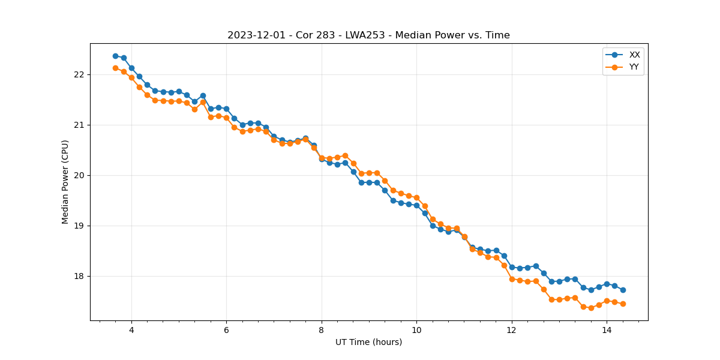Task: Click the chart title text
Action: click(x=368, y=35)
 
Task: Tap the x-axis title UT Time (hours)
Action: click(x=368, y=342)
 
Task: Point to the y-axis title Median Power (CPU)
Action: click(x=65, y=182)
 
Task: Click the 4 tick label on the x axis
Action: click(x=131, y=330)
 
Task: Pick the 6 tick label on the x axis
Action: click(x=226, y=330)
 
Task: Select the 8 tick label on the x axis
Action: click(x=322, y=330)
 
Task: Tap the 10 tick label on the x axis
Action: click(x=416, y=330)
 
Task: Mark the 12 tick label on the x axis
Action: click(x=512, y=330)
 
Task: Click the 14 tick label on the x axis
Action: click(x=607, y=330)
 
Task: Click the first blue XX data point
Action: click(x=115, y=56)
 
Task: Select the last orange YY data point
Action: click(x=623, y=304)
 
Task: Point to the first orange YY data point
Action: click(x=115, y=68)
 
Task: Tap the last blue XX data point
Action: click(x=623, y=290)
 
